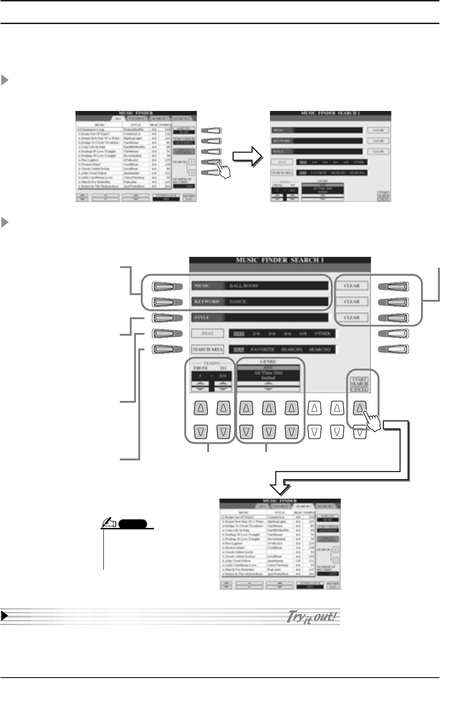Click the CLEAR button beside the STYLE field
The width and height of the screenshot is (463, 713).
tap(352, 317)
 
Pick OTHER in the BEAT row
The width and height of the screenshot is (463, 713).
tap(322, 333)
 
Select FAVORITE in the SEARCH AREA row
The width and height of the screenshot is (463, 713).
tap(262, 349)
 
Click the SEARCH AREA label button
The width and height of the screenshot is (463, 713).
tap(208, 349)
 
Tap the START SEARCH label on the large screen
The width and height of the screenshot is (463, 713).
tap(359, 382)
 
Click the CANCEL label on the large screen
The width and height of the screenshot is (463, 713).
tap(359, 390)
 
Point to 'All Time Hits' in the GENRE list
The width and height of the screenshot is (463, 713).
tap(268, 373)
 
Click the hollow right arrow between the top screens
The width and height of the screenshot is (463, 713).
tap(248, 156)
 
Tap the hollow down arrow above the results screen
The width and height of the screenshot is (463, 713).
tap(281, 486)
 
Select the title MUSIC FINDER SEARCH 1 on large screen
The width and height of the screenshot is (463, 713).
tap(280, 260)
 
